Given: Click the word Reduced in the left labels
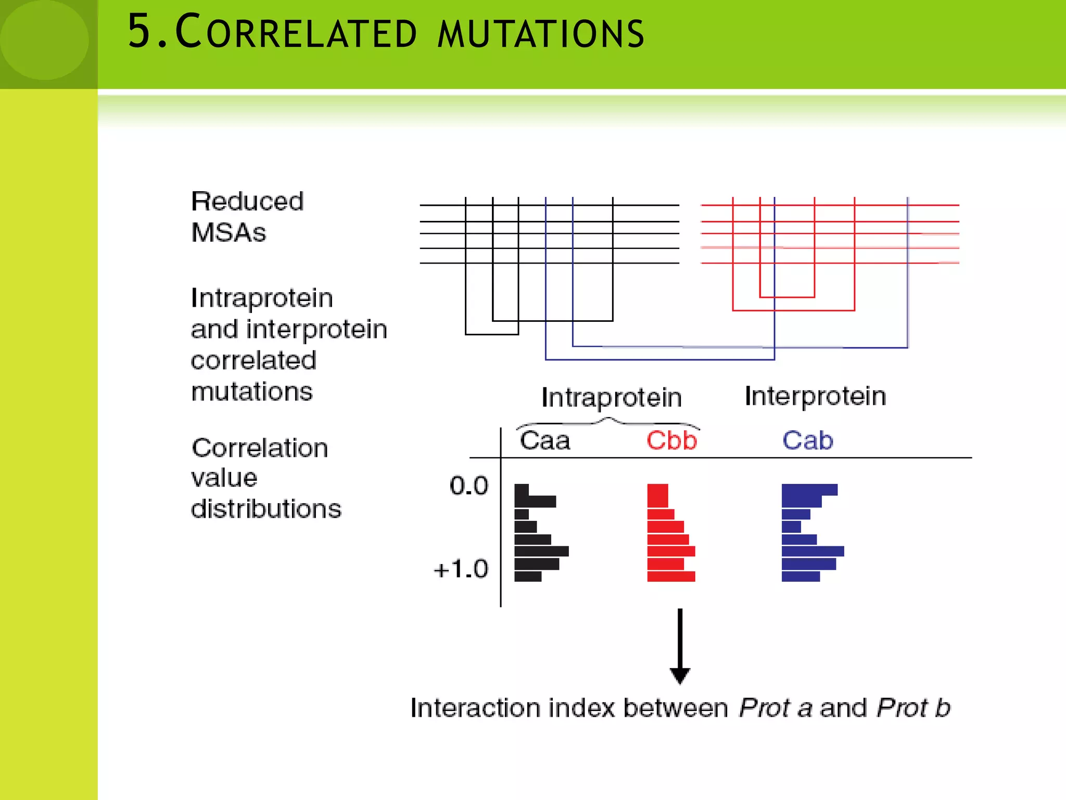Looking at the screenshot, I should pyautogui.click(x=247, y=202).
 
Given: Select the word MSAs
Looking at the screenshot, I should pyautogui.click(x=229, y=233).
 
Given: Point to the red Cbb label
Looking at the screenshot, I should pyautogui.click(x=671, y=441).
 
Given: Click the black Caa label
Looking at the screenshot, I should pyautogui.click(x=545, y=441).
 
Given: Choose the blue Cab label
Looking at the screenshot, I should pyautogui.click(x=807, y=441).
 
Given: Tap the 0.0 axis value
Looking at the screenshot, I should pyautogui.click(x=469, y=485).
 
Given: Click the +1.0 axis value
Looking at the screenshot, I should pyautogui.click(x=461, y=569).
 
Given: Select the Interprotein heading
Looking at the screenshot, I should pyautogui.click(x=815, y=396).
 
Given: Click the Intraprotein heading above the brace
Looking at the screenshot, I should pyautogui.click(x=612, y=398).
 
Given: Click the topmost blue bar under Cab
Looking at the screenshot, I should pyautogui.click(x=809, y=490).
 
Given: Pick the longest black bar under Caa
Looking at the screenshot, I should pyautogui.click(x=541, y=551).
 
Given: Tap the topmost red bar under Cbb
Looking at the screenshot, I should pyautogui.click(x=657, y=495).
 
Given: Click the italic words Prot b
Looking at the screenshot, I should pyautogui.click(x=913, y=708).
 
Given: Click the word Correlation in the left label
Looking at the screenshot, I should pyautogui.click(x=260, y=448).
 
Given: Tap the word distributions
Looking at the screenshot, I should pyautogui.click(x=266, y=509).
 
